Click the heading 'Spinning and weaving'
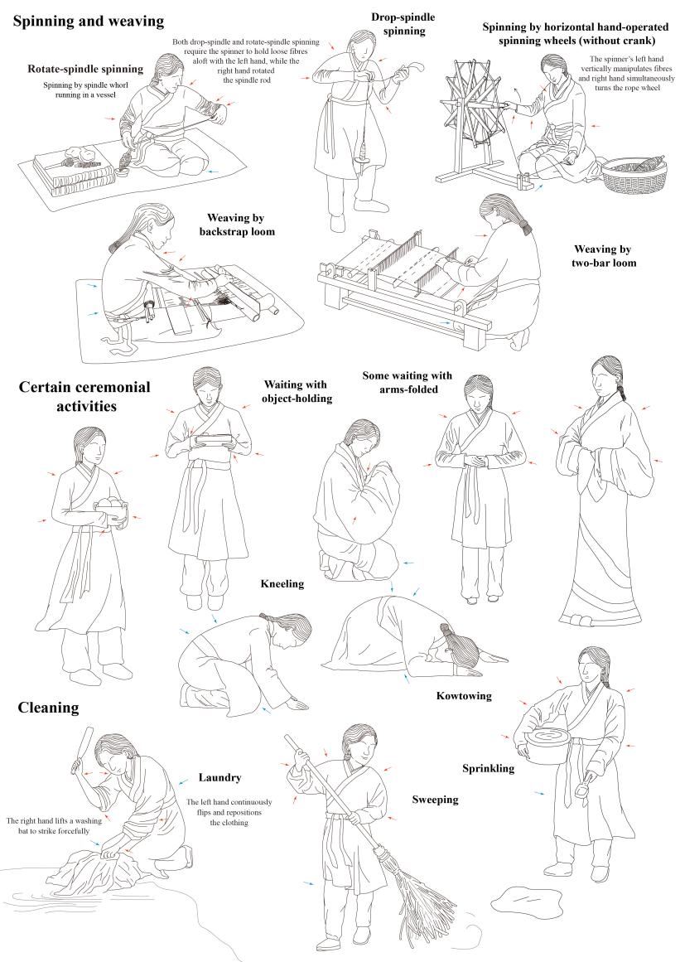(89, 22)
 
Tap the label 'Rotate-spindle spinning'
(85, 69)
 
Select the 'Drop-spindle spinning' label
(403, 24)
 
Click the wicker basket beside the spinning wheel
(634, 175)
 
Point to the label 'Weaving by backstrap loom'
(236, 225)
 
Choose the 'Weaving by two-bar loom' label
(604, 256)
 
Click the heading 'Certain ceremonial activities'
(84, 396)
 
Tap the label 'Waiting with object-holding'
(297, 391)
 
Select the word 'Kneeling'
(282, 583)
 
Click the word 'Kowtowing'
(464, 696)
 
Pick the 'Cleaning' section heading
(48, 708)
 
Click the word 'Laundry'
(219, 778)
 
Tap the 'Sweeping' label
(435, 800)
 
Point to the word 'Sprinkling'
(488, 768)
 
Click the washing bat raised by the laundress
(82, 750)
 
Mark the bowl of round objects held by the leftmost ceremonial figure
(111, 510)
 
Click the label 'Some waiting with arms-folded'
(408, 382)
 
